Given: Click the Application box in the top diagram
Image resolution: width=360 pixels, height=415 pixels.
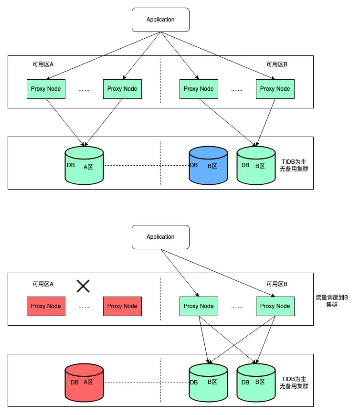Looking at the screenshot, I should pyautogui.click(x=160, y=20).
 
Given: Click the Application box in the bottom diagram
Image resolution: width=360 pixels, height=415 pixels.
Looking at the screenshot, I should pyautogui.click(x=160, y=237).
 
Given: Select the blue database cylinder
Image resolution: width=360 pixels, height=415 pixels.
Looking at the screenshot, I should pyautogui.click(x=208, y=166).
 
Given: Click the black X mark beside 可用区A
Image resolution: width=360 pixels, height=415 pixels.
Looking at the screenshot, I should pyautogui.click(x=84, y=286).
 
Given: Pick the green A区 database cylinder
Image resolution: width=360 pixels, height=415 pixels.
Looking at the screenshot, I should pyautogui.click(x=84, y=166).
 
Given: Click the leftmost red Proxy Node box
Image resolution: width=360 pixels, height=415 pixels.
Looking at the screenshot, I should pyautogui.click(x=46, y=306).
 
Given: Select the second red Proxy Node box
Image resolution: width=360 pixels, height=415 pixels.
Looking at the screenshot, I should pyautogui.click(x=122, y=306).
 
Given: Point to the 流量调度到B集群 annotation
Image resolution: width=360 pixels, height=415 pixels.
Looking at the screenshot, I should pyautogui.click(x=332, y=300).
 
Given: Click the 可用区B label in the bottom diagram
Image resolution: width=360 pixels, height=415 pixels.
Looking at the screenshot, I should pyautogui.click(x=277, y=284).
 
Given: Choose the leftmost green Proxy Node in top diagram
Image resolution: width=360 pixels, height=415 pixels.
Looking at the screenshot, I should pyautogui.click(x=46, y=89).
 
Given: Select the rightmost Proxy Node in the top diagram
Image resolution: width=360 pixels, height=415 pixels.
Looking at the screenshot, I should pyautogui.click(x=275, y=89).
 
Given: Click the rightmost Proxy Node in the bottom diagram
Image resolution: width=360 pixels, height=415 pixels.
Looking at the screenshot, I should pyautogui.click(x=275, y=306).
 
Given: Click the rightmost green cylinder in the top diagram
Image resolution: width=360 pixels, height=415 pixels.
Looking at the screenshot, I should pyautogui.click(x=256, y=166).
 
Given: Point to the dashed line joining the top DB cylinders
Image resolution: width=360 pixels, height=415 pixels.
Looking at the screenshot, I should pyautogui.click(x=146, y=166).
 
